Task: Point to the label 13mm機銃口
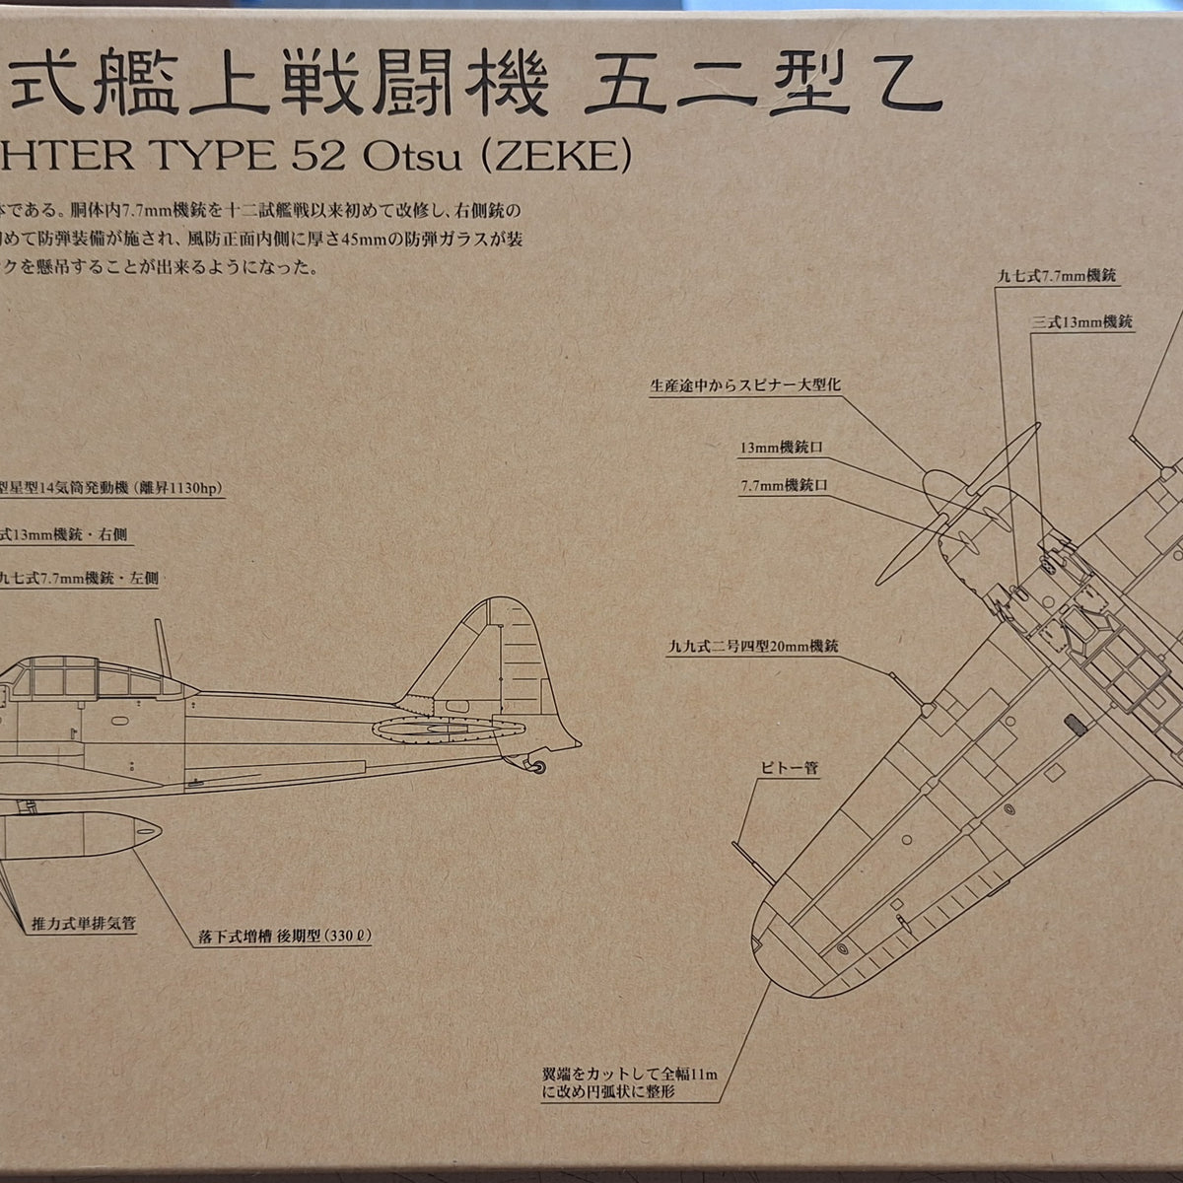pyautogui.click(x=781, y=448)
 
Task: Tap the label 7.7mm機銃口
pyautogui.click(x=783, y=487)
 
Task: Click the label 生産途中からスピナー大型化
pyautogui.click(x=744, y=385)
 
